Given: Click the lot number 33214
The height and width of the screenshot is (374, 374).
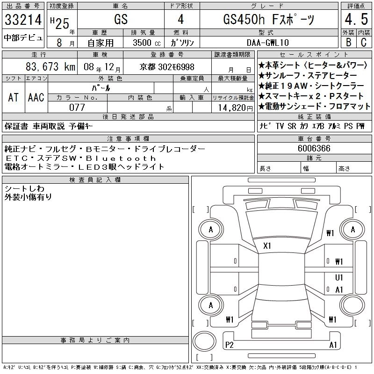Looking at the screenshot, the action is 23,20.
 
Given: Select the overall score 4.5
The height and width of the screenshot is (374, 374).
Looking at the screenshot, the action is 356,19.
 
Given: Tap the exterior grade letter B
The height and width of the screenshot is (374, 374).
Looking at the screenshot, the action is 348,42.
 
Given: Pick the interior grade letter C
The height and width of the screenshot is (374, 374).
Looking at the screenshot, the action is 364,42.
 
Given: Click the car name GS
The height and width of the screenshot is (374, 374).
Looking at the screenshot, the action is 121,19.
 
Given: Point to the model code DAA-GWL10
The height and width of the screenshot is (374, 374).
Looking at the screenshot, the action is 268,43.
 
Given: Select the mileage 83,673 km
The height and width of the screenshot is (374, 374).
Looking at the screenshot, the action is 50,66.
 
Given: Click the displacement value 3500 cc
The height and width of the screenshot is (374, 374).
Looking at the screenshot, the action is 147,43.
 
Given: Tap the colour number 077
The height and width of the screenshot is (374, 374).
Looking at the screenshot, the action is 77,108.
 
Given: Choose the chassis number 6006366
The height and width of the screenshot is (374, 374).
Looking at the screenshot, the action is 314,148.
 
